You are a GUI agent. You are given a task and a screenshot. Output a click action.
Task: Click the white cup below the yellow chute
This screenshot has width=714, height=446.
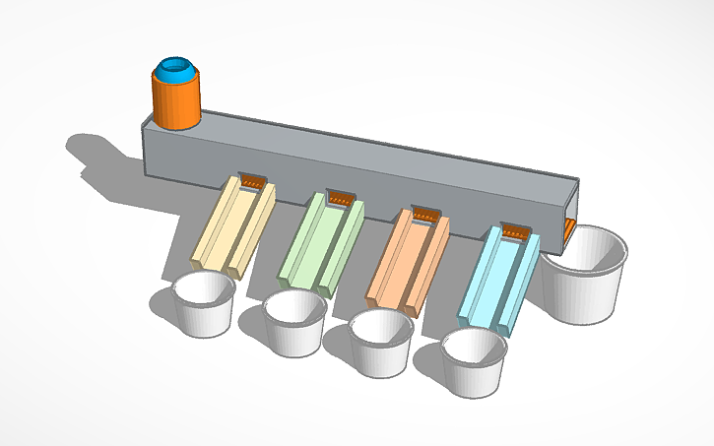(204, 305)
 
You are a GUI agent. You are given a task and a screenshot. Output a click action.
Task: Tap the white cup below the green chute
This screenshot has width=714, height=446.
(294, 323)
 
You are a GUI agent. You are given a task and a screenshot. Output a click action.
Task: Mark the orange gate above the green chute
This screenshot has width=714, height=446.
(340, 198)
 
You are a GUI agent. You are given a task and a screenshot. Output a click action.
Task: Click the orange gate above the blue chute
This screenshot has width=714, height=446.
(516, 231)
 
